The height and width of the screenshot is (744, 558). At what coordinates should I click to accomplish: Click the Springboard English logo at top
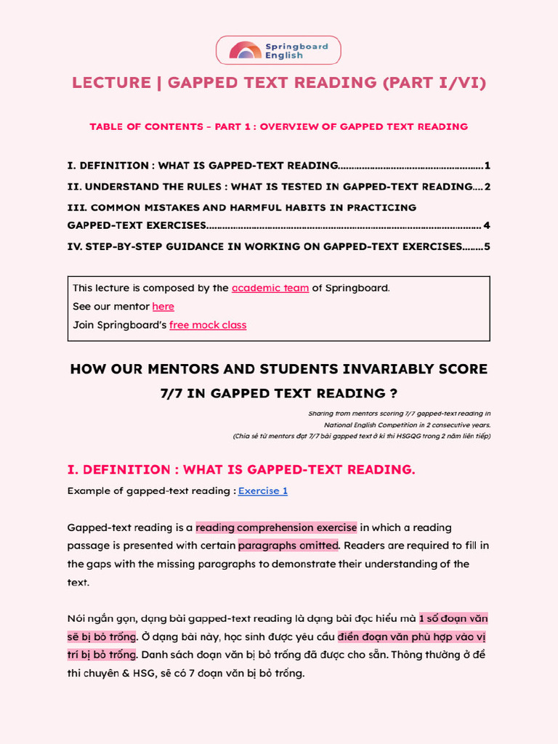tap(278, 50)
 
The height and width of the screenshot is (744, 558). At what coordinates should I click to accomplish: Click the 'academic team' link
tap(270, 288)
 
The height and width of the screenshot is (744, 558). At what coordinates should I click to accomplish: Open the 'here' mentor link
tap(163, 307)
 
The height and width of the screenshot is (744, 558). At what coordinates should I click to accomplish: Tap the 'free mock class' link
tap(208, 325)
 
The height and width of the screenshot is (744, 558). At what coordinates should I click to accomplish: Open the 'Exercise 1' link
tap(263, 490)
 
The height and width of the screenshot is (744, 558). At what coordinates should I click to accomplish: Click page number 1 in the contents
tap(487, 165)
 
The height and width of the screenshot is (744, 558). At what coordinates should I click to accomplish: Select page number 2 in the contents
tap(487, 187)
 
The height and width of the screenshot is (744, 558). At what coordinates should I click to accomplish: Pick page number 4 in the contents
tap(487, 225)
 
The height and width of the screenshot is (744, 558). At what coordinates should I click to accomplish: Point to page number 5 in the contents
tap(487, 246)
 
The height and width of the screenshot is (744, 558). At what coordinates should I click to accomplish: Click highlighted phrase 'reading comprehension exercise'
tap(276, 527)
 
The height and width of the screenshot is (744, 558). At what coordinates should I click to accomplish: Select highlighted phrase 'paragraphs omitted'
tap(288, 546)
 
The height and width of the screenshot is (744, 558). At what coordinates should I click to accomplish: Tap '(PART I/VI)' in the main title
tap(434, 83)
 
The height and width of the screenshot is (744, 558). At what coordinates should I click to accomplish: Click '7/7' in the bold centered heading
tap(174, 394)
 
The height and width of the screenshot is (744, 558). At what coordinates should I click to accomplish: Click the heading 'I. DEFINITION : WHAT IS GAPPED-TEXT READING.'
tap(241, 469)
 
